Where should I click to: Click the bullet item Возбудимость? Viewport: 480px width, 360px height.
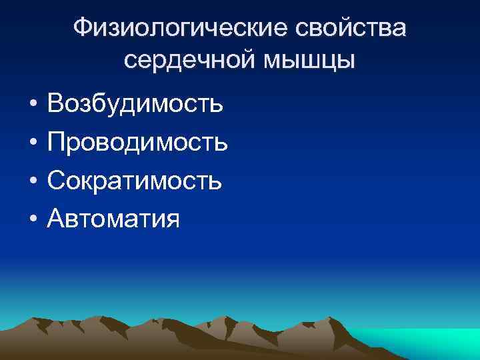(135, 104)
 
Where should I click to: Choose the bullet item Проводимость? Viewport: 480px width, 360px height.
(138, 142)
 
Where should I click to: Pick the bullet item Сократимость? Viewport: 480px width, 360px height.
(135, 180)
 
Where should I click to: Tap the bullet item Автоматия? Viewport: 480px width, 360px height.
(113, 218)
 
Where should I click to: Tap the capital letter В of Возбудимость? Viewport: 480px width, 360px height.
(57, 104)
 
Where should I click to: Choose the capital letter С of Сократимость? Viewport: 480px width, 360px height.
(57, 180)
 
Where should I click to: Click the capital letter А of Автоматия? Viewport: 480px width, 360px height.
(57, 218)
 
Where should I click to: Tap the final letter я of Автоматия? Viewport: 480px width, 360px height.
(172, 219)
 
